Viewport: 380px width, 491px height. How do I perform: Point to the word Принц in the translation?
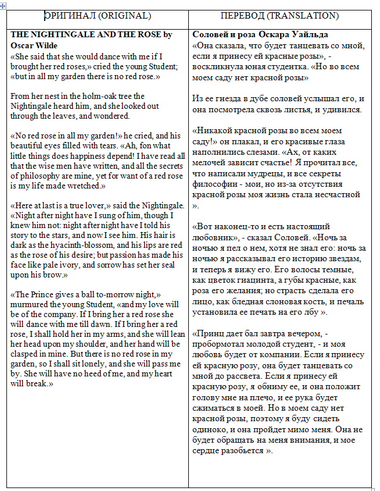(209, 333)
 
